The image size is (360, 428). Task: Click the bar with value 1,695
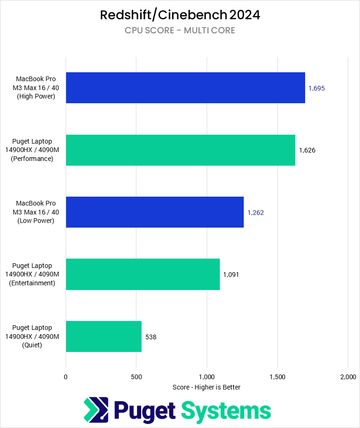tap(185, 88)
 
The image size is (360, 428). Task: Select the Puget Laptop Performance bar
tap(180, 150)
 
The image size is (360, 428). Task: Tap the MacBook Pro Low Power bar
tap(155, 212)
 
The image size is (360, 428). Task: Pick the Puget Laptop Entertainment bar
tap(143, 275)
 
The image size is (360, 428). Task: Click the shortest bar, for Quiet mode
tap(104, 336)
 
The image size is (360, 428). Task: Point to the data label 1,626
tap(307, 150)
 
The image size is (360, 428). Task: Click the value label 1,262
tap(255, 212)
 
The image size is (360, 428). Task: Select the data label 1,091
tap(232, 275)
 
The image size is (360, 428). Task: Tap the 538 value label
tap(151, 336)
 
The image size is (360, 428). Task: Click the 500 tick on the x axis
tap(136, 377)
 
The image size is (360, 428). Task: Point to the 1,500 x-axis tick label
tap(277, 377)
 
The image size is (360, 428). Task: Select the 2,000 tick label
tap(348, 377)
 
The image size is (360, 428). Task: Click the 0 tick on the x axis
tap(66, 377)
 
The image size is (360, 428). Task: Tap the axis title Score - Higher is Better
tap(206, 387)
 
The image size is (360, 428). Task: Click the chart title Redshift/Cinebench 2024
tap(180, 15)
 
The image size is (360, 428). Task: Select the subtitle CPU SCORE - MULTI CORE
tap(180, 31)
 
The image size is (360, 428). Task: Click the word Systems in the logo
tap(226, 411)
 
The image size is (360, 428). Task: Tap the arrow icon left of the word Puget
tap(96, 409)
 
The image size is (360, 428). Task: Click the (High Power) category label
tap(36, 96)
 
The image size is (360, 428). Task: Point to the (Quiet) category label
tap(36, 345)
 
